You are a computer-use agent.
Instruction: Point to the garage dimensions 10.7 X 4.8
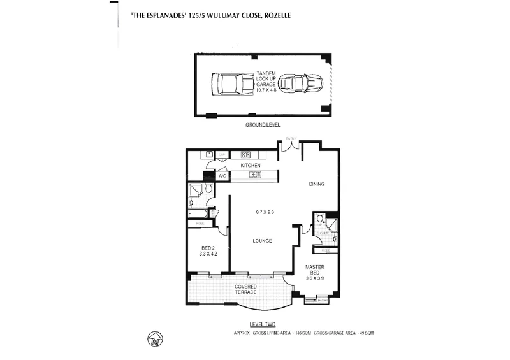coord(266,90)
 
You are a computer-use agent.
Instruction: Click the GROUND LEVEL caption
coord(263,124)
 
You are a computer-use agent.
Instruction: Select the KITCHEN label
coord(251,166)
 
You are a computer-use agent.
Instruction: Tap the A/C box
coord(222,176)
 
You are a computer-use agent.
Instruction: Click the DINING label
coord(317,185)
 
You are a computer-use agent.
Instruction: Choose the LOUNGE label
coord(261,241)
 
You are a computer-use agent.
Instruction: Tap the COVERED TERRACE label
coord(245,289)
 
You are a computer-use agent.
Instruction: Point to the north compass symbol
coord(154,340)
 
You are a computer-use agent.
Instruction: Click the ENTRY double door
coord(291,147)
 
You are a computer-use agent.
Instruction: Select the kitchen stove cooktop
coord(244,154)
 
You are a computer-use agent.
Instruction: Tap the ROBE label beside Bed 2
coord(200,224)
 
